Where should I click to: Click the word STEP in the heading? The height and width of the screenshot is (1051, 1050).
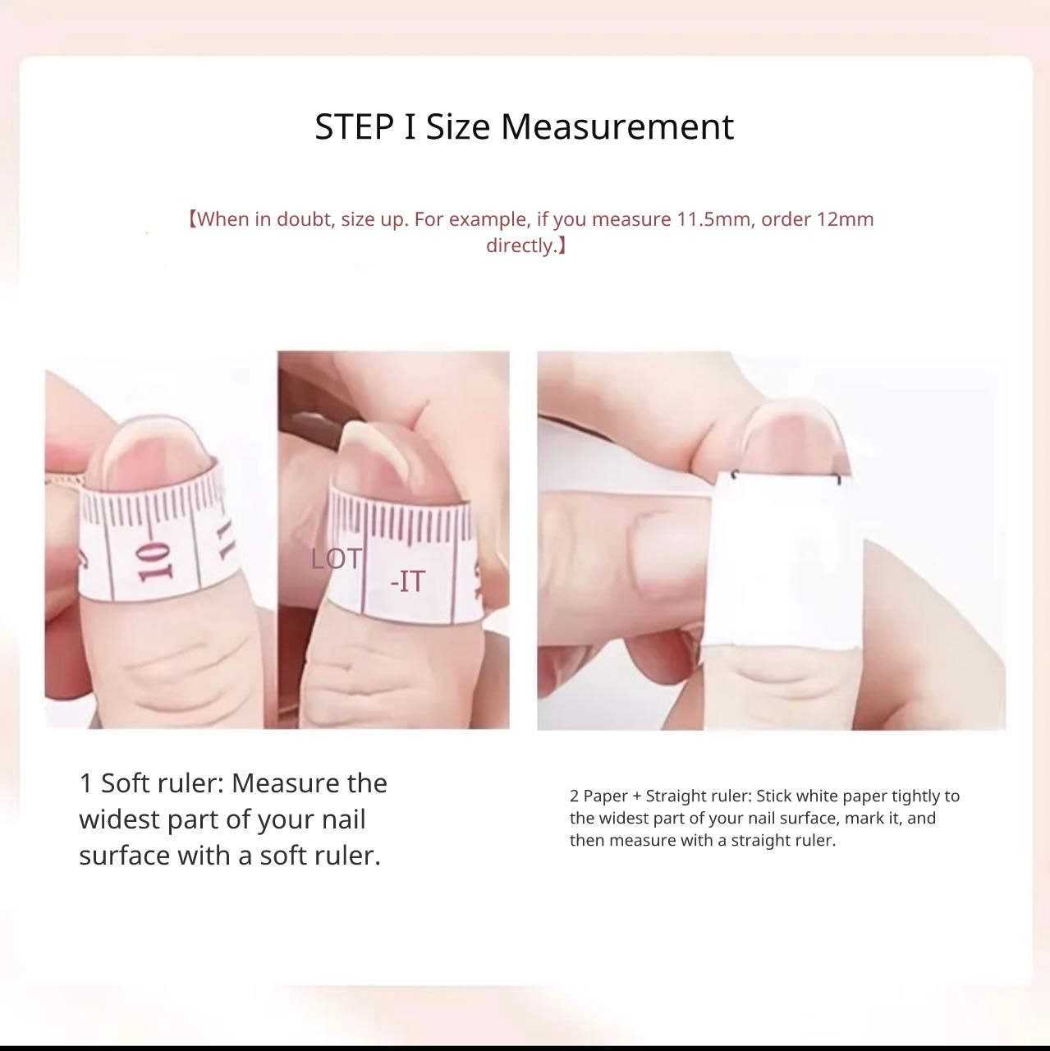coord(354,127)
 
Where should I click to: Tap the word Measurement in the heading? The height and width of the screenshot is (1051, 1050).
coord(617,127)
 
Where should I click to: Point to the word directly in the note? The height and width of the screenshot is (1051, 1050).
coord(521,246)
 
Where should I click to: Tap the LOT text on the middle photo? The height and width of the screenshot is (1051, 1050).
coord(336,559)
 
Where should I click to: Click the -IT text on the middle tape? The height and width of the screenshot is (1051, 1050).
coord(407,581)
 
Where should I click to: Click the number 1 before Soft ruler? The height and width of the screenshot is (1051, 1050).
coord(85,784)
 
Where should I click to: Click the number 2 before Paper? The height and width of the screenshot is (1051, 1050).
coord(574,796)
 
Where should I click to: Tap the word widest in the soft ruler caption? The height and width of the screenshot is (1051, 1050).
coord(119,819)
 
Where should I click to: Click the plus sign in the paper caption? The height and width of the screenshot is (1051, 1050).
coord(636,796)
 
